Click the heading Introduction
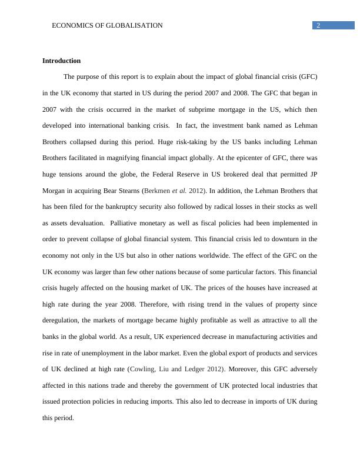(x=61, y=61)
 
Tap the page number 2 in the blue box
(x=318, y=25)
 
